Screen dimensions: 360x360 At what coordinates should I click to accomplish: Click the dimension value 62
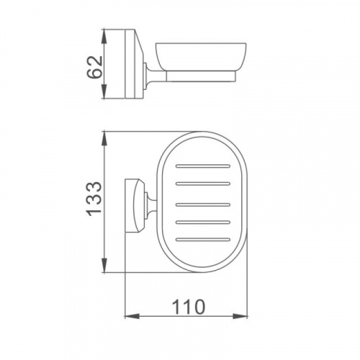pyautogui.click(x=94, y=67)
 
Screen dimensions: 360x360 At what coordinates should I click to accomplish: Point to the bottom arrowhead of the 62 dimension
pyautogui.click(x=104, y=91)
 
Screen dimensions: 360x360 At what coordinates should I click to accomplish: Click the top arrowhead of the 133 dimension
pyautogui.click(x=104, y=140)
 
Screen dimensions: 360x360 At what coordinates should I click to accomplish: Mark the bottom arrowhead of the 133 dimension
pyautogui.click(x=104, y=264)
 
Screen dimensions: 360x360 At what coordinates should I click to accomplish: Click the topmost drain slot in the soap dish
pyautogui.click(x=203, y=166)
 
